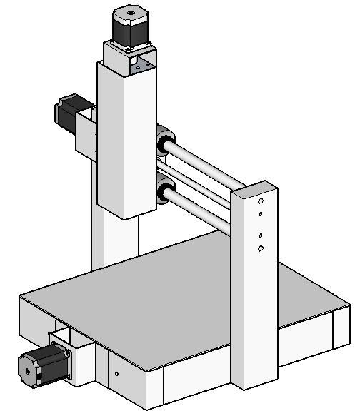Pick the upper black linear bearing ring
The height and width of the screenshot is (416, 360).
(165, 140)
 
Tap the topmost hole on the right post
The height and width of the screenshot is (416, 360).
(261, 202)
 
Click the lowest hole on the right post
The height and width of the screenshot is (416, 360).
(261, 248)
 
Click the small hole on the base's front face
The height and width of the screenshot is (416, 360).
(116, 372)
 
